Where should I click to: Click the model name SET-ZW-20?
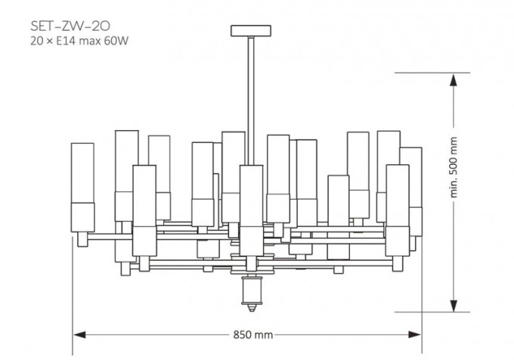click(70, 26)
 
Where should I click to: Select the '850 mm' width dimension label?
click(253, 335)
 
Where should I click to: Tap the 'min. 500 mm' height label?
click(454, 167)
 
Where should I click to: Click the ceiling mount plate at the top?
click(251, 30)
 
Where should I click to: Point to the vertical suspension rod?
click(251, 101)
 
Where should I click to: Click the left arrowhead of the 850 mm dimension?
click(79, 335)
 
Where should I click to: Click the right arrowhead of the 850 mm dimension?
click(414, 335)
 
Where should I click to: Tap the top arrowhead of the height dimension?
click(454, 80)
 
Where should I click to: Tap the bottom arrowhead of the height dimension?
click(454, 306)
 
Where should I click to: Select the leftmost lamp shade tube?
click(82, 188)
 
